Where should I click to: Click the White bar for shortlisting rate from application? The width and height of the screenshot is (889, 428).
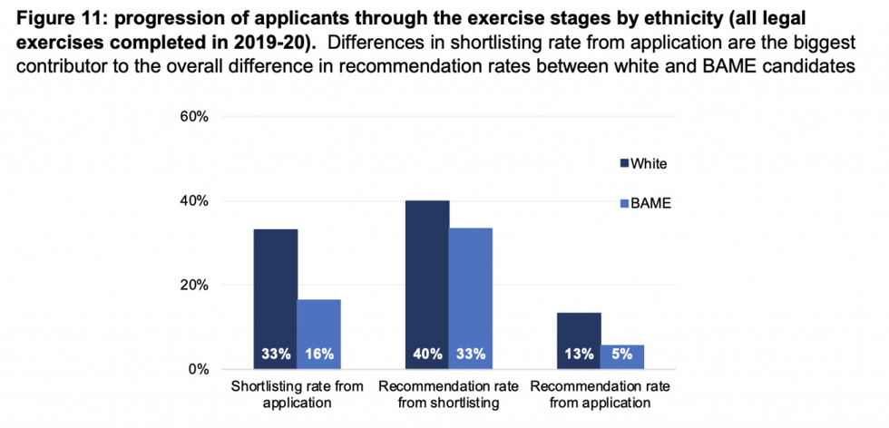click(276, 290)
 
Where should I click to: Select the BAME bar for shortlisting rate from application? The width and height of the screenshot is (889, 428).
click(318, 326)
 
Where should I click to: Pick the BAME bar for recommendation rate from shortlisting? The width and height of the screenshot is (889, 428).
click(471, 290)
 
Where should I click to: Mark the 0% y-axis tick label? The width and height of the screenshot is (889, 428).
click(198, 369)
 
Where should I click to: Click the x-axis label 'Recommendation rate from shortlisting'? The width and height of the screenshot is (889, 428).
click(449, 394)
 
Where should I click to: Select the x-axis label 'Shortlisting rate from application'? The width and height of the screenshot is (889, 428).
click(298, 394)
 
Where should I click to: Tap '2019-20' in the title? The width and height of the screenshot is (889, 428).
click(280, 43)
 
